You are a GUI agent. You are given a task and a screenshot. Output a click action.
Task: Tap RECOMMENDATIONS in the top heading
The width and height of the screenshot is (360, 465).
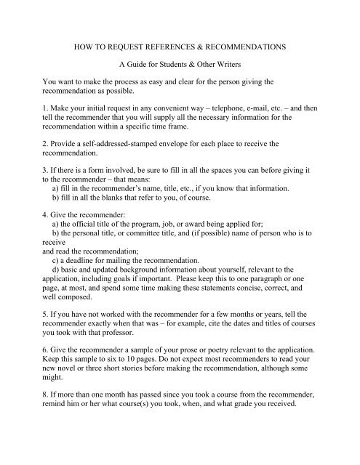pyautogui.click(x=255, y=44)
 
